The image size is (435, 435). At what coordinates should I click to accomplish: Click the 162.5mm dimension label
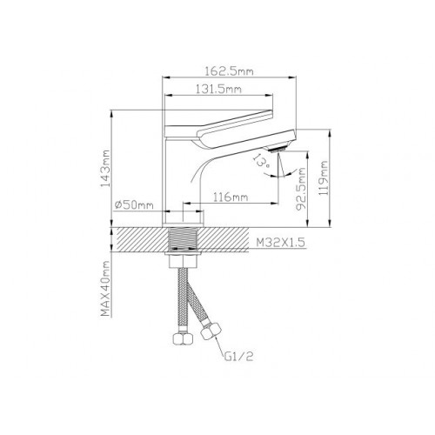[x=229, y=71]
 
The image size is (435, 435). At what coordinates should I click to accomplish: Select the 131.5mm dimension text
[x=218, y=89]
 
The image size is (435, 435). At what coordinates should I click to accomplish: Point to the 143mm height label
[x=105, y=168]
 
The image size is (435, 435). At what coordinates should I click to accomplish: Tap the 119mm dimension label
[x=323, y=177]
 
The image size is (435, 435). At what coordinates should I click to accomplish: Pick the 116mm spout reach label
[x=231, y=197]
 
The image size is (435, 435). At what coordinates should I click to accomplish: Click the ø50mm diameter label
[x=134, y=204]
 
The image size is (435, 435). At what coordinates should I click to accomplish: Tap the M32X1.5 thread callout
[x=281, y=243]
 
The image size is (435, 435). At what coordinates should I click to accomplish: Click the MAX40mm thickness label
[x=105, y=289]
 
